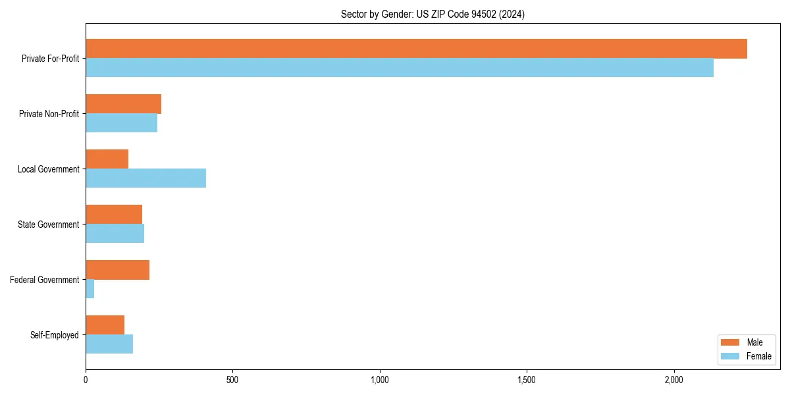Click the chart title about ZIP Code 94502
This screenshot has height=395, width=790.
pos(433,14)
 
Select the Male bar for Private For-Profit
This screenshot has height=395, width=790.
pos(416,49)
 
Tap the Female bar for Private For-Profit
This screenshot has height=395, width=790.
pos(400,68)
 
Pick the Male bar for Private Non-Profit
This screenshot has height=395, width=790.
pos(124,104)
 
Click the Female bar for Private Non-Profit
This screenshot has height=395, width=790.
pos(122,123)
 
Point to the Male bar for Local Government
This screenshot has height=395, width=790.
pos(107,159)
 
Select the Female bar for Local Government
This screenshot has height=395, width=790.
pos(146,178)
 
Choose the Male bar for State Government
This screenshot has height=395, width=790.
pos(114,215)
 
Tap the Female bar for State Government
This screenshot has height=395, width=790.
pos(115,234)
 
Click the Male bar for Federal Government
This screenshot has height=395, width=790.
pos(118,270)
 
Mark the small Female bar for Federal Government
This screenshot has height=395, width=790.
pos(90,289)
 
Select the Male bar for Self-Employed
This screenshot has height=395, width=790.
pos(105,325)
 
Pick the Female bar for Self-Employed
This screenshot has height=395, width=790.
pos(109,344)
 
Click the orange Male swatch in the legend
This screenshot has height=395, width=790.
pos(731,342)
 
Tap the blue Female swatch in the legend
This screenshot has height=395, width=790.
pos(731,356)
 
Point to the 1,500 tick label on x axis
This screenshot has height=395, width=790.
pos(526,380)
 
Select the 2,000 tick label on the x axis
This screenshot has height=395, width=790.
pos(673,380)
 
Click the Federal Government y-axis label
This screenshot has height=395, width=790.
pos(45,280)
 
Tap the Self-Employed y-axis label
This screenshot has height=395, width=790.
pos(55,335)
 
